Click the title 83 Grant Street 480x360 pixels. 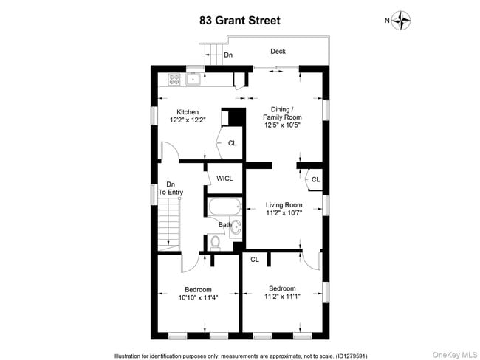click(x=240, y=21)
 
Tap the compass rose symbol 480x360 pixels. click(x=401, y=21)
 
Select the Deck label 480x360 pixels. click(x=277, y=52)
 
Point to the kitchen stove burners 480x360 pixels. click(x=174, y=78)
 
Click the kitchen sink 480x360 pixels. click(x=193, y=78)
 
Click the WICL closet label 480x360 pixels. click(x=224, y=179)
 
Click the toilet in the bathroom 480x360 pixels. click(x=216, y=240)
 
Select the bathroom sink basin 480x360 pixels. click(x=236, y=228)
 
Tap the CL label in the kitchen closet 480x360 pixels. click(x=232, y=143)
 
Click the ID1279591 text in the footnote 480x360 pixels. click(x=353, y=355)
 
